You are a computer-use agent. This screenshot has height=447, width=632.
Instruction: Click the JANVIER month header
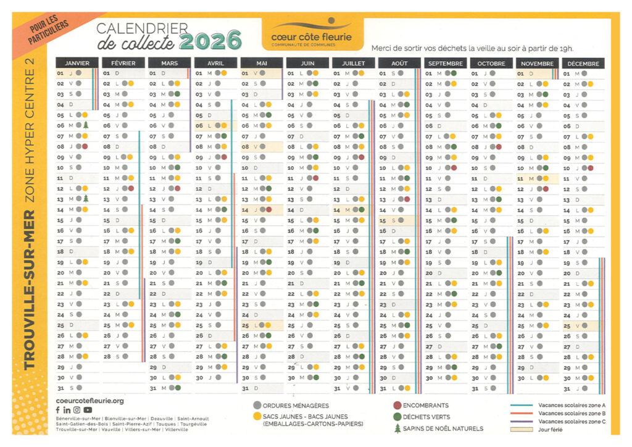click(77, 63)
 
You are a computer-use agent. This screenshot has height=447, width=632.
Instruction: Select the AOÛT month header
click(398, 63)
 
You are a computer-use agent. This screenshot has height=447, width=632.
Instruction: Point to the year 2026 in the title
click(210, 41)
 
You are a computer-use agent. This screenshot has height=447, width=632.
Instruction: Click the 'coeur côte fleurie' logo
click(311, 34)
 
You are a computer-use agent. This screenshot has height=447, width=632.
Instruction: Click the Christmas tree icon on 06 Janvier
click(86, 125)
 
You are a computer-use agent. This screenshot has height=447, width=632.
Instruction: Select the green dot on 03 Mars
click(177, 94)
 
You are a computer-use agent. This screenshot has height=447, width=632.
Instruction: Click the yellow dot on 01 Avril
click(223, 73)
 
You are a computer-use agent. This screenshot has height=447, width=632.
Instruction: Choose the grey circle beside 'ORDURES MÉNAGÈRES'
click(257, 406)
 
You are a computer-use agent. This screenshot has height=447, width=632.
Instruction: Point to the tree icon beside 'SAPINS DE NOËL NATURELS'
click(397, 428)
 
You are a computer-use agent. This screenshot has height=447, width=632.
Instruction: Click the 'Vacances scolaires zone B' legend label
click(572, 413)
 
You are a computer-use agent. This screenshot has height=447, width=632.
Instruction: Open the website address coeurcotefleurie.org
click(90, 401)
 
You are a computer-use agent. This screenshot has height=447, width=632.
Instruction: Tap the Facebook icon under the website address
click(58, 410)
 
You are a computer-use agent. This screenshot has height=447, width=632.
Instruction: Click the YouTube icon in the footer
click(88, 410)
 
